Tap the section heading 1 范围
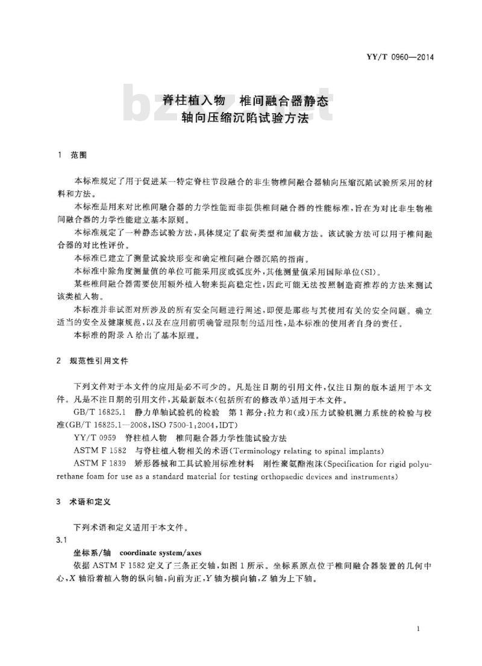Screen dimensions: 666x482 72,155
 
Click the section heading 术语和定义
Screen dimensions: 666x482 88,500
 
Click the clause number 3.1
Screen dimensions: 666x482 61,540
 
